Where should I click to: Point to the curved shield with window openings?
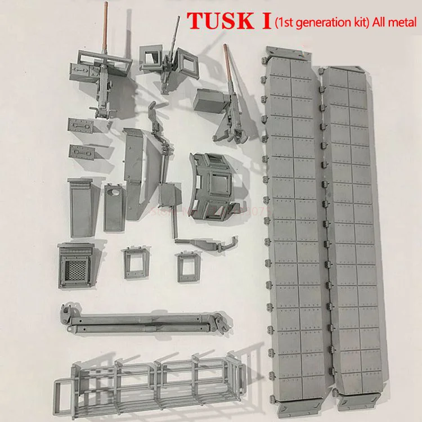(216, 186)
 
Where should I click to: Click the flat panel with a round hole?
(114, 205)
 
